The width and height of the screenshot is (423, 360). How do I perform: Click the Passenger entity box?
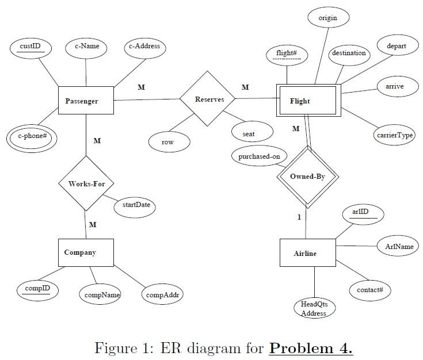(x=86, y=101)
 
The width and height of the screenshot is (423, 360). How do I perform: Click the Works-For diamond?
(x=86, y=184)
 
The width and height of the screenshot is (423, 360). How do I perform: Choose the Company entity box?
(x=86, y=252)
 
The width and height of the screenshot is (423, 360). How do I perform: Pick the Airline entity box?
(x=307, y=253)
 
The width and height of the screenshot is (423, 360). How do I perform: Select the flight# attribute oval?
(x=287, y=55)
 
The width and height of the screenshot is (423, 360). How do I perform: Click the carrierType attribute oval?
(x=394, y=136)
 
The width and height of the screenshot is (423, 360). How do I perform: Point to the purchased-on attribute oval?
(x=259, y=156)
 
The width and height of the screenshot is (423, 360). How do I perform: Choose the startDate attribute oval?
(x=136, y=205)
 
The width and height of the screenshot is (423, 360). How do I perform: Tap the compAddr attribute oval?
(x=163, y=295)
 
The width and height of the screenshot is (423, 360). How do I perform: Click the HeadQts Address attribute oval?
(x=314, y=309)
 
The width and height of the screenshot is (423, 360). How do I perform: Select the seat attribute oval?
(x=249, y=133)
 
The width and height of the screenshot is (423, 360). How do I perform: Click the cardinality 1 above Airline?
(x=299, y=217)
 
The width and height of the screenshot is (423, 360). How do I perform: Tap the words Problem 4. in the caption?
(x=311, y=348)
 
